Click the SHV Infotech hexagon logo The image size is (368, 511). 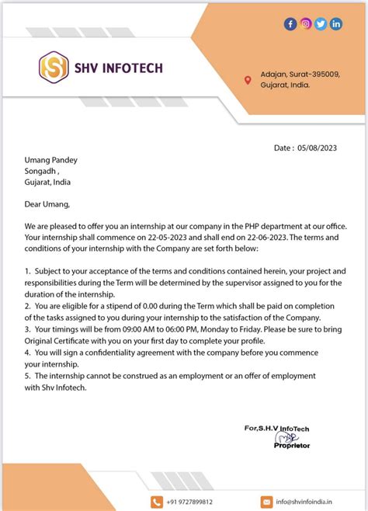point(54,68)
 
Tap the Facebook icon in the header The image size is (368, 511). point(290,24)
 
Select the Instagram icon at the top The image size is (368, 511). point(306,24)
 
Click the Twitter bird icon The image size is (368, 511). point(321,24)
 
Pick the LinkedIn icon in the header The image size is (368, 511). point(335,24)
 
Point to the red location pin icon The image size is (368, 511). point(248,80)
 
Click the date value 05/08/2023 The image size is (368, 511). point(318,148)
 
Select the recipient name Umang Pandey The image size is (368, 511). point(51,161)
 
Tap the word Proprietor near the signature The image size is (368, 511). point(291,446)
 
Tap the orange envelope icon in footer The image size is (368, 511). point(266,502)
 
